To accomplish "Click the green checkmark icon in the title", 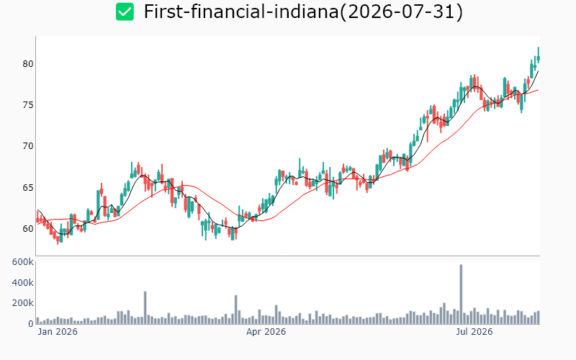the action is tap(125, 12).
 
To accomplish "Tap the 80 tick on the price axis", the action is tap(28, 64).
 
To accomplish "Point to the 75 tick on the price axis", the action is tap(28, 105).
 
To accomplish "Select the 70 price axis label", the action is tap(28, 146).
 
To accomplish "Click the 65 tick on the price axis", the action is tap(28, 188).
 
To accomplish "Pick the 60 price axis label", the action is tap(28, 229).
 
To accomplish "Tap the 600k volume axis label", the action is tap(23, 262).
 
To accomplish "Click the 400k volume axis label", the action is tap(23, 282).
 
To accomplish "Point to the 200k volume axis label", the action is tap(23, 303).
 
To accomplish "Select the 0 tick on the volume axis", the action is tap(31, 323).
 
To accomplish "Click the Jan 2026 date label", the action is tap(58, 332).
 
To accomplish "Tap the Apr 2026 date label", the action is tap(266, 332).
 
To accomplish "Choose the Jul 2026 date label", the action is tap(474, 332).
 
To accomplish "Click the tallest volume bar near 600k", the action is tap(461, 294).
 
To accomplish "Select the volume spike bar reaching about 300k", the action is tap(145, 307).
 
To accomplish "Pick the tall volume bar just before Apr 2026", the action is tap(236, 310).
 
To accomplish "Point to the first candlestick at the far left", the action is tap(37, 219).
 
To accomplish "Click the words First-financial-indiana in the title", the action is tap(241, 12).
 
